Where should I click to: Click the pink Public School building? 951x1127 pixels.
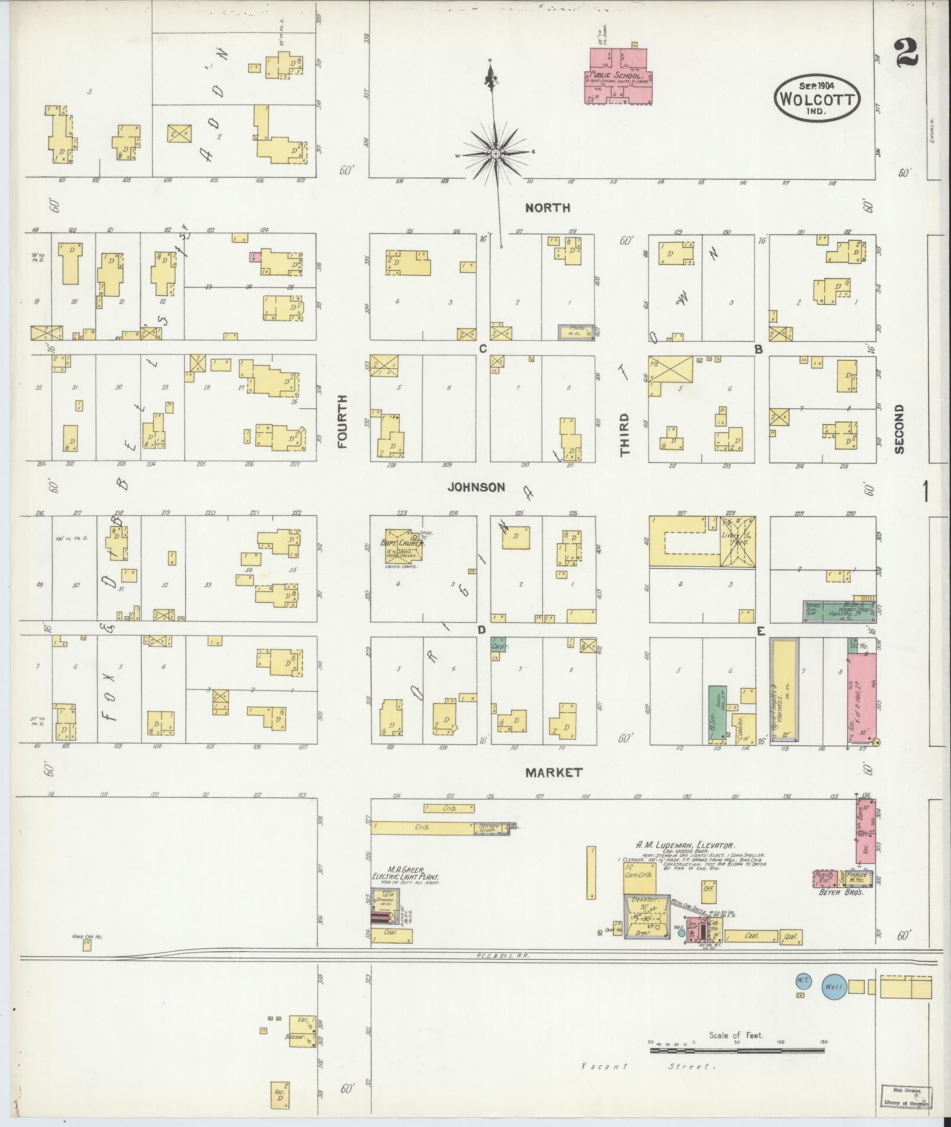pyautogui.click(x=618, y=77)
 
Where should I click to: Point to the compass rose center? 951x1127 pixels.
pyautogui.click(x=495, y=154)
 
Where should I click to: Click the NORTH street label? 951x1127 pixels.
pyautogui.click(x=548, y=207)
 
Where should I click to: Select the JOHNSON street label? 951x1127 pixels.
pyautogui.click(x=476, y=487)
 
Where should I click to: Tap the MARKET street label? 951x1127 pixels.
pyautogui.click(x=554, y=772)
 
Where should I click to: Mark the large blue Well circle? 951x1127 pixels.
pyautogui.click(x=834, y=987)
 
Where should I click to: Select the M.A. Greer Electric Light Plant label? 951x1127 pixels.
pyautogui.click(x=407, y=873)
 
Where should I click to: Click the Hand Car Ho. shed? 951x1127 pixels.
pyautogui.click(x=87, y=944)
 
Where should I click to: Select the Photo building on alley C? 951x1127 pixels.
pyautogui.click(x=576, y=331)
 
